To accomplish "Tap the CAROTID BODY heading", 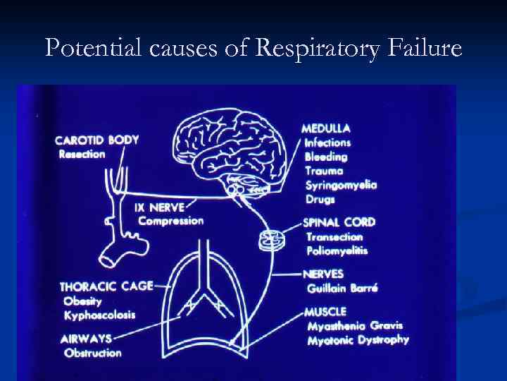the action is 96,140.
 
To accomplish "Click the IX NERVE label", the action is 160,207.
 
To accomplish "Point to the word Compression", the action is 171,221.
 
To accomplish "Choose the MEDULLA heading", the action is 326,129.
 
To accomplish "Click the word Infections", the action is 327,143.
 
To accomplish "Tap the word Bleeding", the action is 326,157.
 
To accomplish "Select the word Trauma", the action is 324,171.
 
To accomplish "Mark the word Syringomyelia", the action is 341,185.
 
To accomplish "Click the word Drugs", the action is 320,199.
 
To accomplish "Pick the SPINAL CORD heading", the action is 339,222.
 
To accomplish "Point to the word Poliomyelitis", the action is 337,250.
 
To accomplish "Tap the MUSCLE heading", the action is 325,311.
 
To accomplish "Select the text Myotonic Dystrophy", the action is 358,340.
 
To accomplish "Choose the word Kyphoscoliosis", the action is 99,315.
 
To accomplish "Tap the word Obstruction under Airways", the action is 92,353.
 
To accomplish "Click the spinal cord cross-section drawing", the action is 271,241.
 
